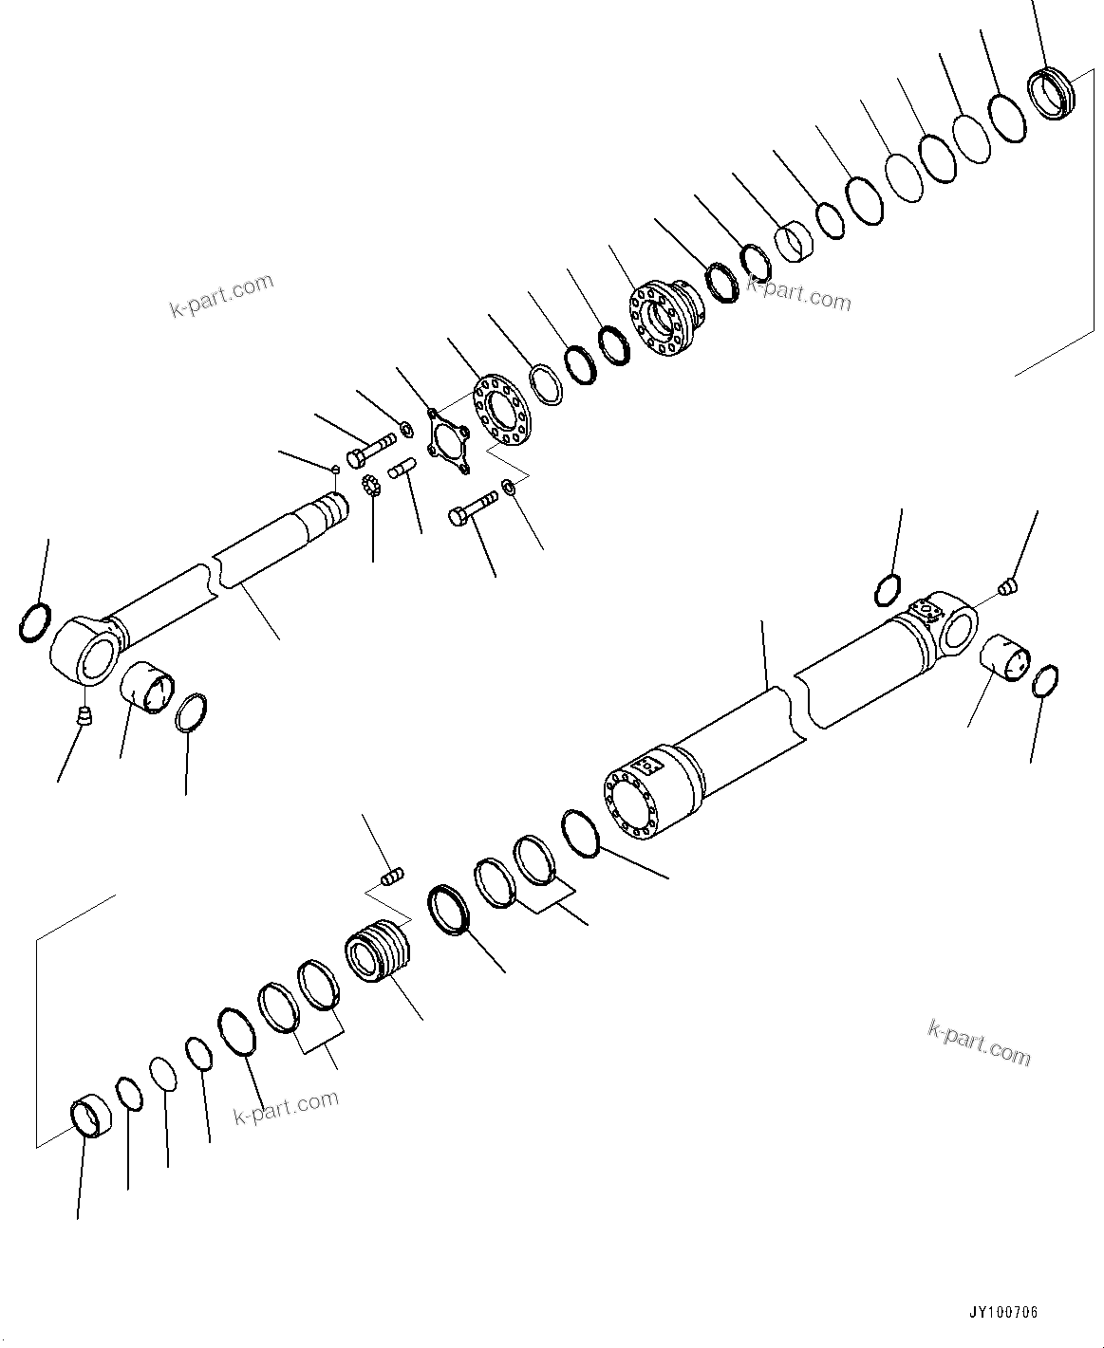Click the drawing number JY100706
click(1002, 1313)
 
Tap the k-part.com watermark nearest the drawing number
click(978, 1042)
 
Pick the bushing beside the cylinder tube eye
click(1005, 656)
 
